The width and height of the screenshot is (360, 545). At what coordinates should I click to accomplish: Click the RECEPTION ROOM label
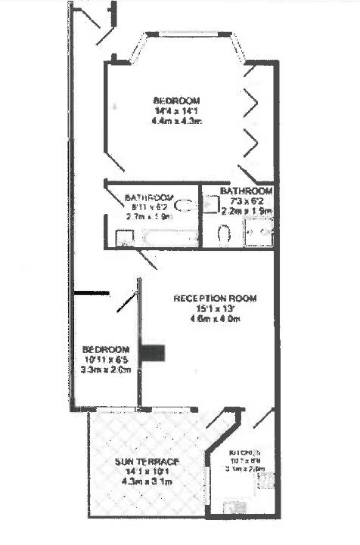[215, 299]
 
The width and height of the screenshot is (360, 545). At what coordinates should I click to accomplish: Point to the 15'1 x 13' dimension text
[215, 309]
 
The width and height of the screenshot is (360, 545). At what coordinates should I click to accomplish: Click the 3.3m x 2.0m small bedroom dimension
[106, 370]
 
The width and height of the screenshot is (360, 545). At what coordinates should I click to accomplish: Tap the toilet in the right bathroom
[223, 234]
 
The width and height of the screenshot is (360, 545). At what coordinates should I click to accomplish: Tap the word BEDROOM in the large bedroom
[176, 101]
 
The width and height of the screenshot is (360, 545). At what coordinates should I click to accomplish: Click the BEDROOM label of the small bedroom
[106, 350]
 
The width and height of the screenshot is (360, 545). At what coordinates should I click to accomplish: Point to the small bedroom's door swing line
[125, 302]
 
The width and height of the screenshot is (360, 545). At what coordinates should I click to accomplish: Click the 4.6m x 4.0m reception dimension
[215, 320]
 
